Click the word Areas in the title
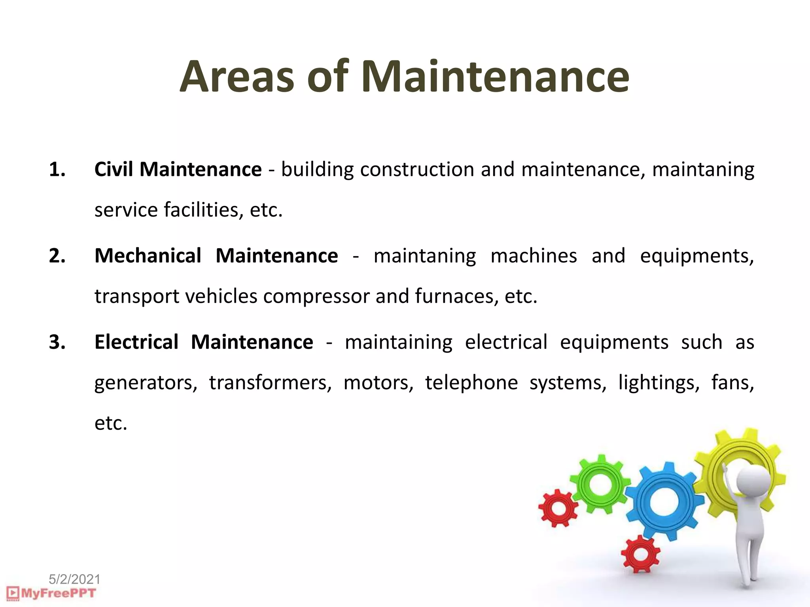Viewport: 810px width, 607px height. (x=237, y=77)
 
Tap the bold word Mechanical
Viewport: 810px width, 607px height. (x=148, y=256)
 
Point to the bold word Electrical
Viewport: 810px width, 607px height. (x=136, y=342)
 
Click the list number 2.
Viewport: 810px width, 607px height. (x=57, y=256)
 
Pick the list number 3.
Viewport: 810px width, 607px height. (x=57, y=342)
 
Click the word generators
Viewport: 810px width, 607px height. (x=146, y=383)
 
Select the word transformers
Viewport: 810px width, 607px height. (x=270, y=383)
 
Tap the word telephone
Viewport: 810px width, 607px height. (x=471, y=383)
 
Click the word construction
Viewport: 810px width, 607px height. (x=417, y=170)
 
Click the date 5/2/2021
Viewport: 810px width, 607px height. (x=74, y=579)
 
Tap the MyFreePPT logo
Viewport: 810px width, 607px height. (x=51, y=594)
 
